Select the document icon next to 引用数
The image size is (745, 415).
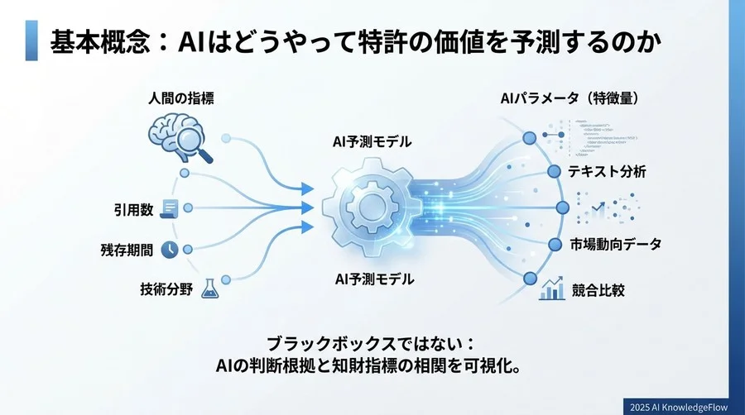(170, 208)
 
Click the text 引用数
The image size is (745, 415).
(133, 209)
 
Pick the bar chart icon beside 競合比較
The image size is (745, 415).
(551, 289)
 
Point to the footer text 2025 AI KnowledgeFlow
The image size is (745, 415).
(674, 405)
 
